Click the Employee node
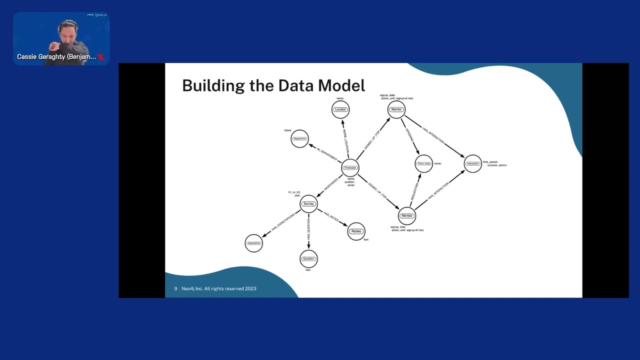(x=350, y=168)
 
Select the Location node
(x=340, y=109)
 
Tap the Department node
(x=299, y=138)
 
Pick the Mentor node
(x=396, y=109)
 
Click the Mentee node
(x=407, y=216)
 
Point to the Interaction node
(x=472, y=163)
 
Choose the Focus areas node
(x=423, y=163)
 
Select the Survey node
(x=309, y=203)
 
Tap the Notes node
(x=356, y=231)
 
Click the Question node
(x=308, y=258)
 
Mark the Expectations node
(x=253, y=243)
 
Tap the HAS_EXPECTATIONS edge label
(x=283, y=222)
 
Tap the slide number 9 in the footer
(x=175, y=288)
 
